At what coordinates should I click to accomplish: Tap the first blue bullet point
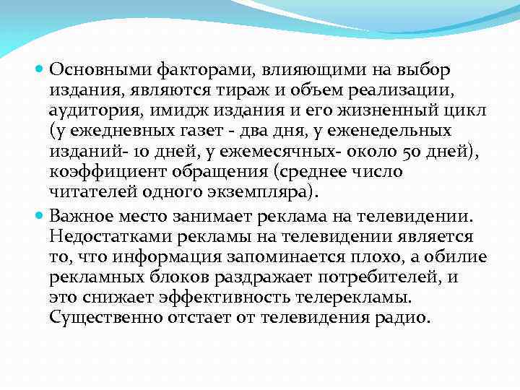point(40,70)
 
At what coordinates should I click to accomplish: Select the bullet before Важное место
point(40,216)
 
